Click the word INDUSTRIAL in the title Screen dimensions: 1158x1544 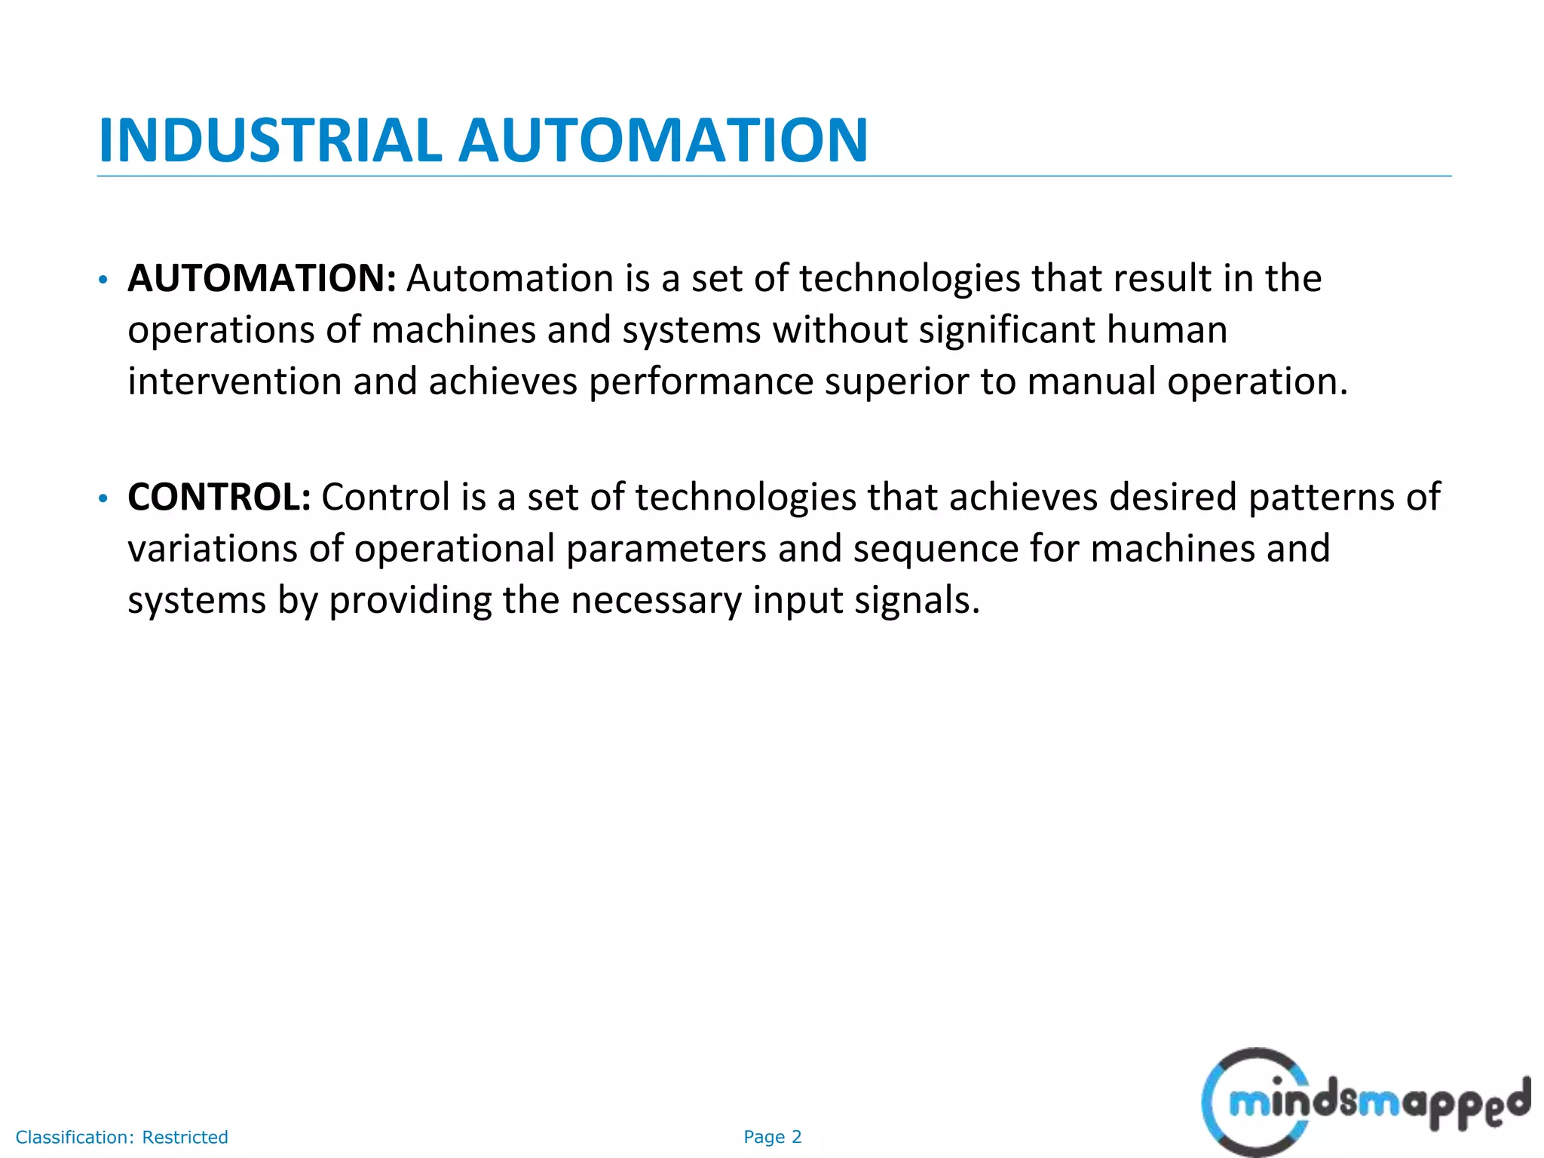coord(270,140)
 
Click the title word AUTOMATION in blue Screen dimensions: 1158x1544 coord(663,140)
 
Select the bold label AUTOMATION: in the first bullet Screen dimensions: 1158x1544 coord(262,278)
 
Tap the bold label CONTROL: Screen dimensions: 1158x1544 coord(219,497)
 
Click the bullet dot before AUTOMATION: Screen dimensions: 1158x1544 coord(103,280)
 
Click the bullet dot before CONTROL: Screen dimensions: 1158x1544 coord(103,499)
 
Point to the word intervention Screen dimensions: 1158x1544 coord(234,381)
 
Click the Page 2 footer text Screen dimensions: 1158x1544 coord(772,1137)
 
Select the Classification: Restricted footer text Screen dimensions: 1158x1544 coord(122,1137)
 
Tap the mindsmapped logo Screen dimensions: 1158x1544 coord(1365,1103)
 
